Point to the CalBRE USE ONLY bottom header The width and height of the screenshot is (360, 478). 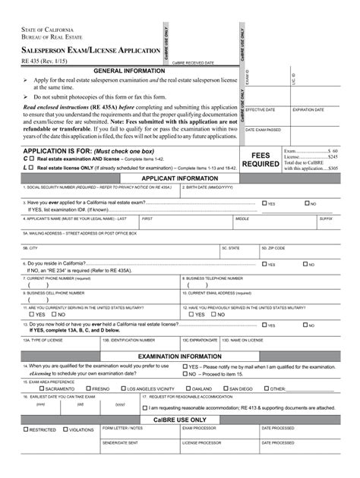[x=180, y=419]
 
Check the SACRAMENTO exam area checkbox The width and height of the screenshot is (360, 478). [x=28, y=388]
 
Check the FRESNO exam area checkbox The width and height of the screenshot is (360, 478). [x=87, y=388]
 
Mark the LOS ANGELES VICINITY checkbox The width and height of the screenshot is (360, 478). [x=126, y=388]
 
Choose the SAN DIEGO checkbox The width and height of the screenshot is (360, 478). [x=225, y=388]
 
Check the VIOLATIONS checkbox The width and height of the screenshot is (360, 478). [x=65, y=430]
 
